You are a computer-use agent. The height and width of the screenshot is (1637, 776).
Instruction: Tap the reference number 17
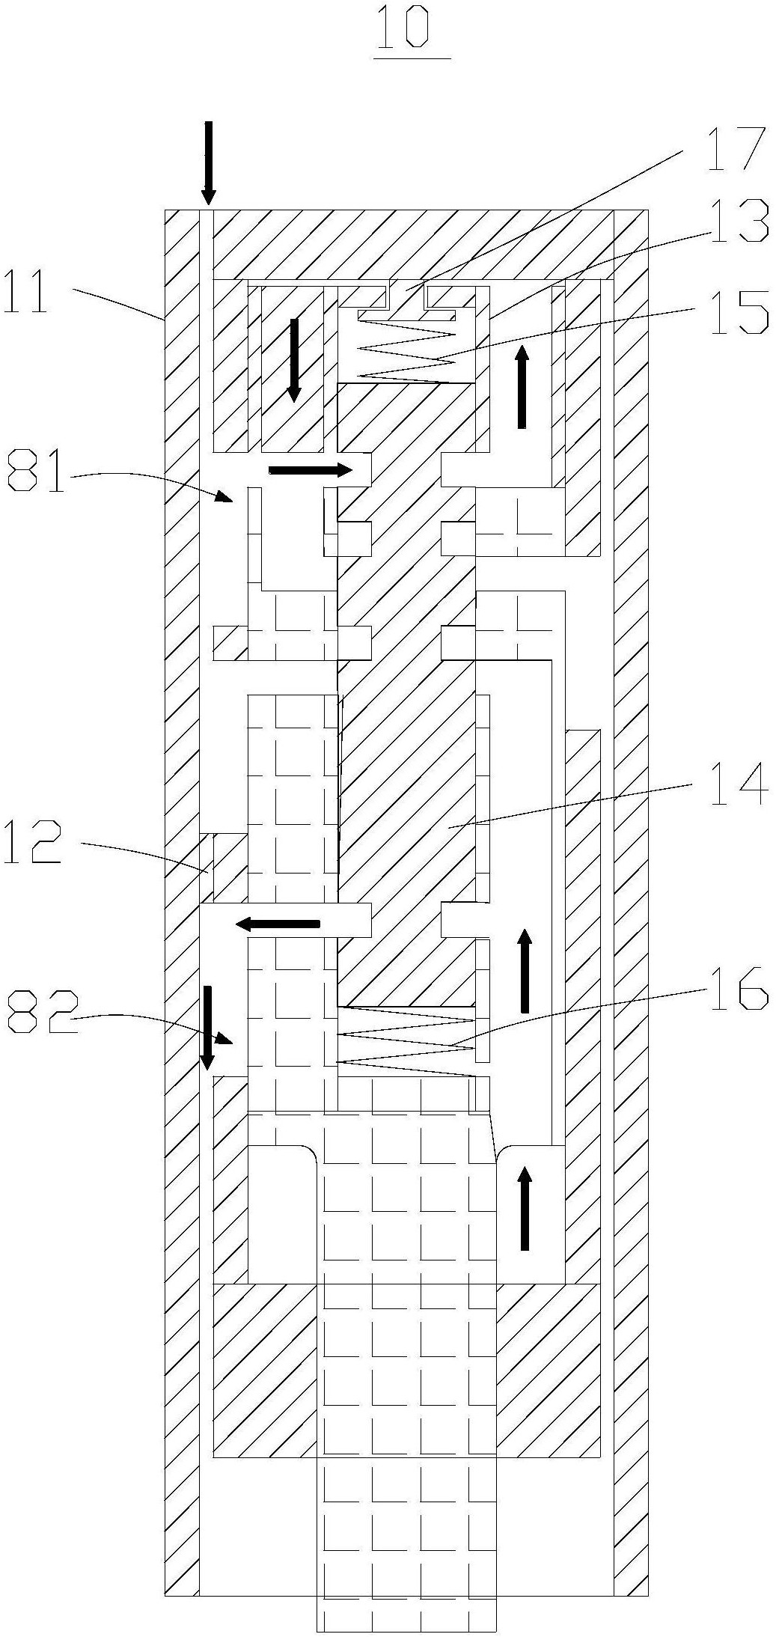pyautogui.click(x=736, y=150)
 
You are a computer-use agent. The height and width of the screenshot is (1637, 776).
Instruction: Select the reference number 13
pyautogui.click(x=739, y=221)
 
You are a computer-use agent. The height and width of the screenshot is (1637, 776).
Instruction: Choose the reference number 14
pyautogui.click(x=739, y=784)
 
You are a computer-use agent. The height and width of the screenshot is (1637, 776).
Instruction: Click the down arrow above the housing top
pyautogui.click(x=209, y=162)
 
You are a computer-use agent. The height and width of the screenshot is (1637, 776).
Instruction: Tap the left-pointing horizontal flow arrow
pyautogui.click(x=278, y=924)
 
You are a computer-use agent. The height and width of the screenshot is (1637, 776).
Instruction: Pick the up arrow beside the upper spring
pyautogui.click(x=522, y=386)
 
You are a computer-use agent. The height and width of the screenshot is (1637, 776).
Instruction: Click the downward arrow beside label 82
pyautogui.click(x=207, y=1027)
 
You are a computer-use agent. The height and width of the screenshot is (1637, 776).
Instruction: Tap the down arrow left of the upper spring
pyautogui.click(x=294, y=360)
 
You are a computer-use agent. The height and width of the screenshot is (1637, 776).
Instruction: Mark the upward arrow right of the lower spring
pyautogui.click(x=525, y=970)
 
